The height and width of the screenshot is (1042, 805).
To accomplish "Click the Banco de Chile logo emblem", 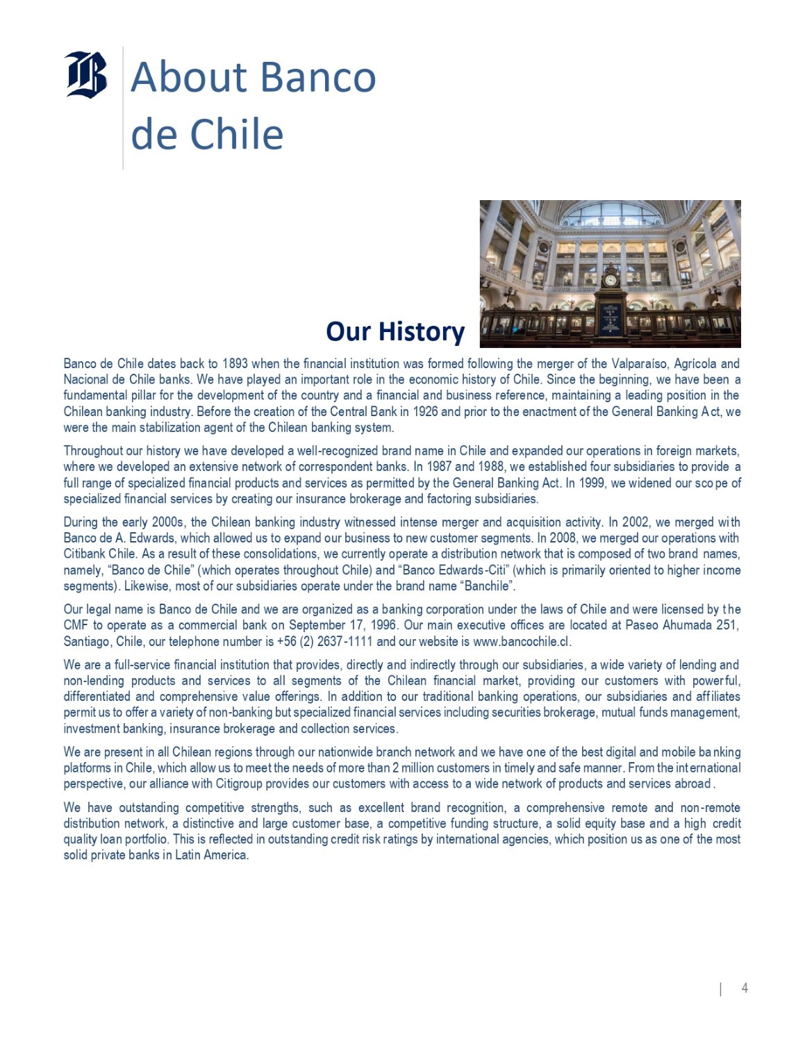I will pyautogui.click(x=86, y=74).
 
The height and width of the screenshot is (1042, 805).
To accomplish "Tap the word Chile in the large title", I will pyautogui.click(x=236, y=134).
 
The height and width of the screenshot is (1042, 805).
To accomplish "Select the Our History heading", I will pyautogui.click(x=395, y=331).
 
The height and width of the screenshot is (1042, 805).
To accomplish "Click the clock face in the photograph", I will pyautogui.click(x=611, y=280).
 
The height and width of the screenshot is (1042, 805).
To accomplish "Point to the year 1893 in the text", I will pyautogui.click(x=235, y=363).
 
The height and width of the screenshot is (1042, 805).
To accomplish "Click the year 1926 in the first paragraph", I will pyautogui.click(x=425, y=411).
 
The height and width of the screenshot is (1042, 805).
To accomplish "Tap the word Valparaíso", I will pyautogui.click(x=639, y=363).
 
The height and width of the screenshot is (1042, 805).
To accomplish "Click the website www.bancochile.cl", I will pyautogui.click(x=521, y=641).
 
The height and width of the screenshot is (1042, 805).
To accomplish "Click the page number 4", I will pyautogui.click(x=745, y=988).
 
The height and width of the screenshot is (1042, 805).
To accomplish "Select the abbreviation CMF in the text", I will pyautogui.click(x=76, y=625).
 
